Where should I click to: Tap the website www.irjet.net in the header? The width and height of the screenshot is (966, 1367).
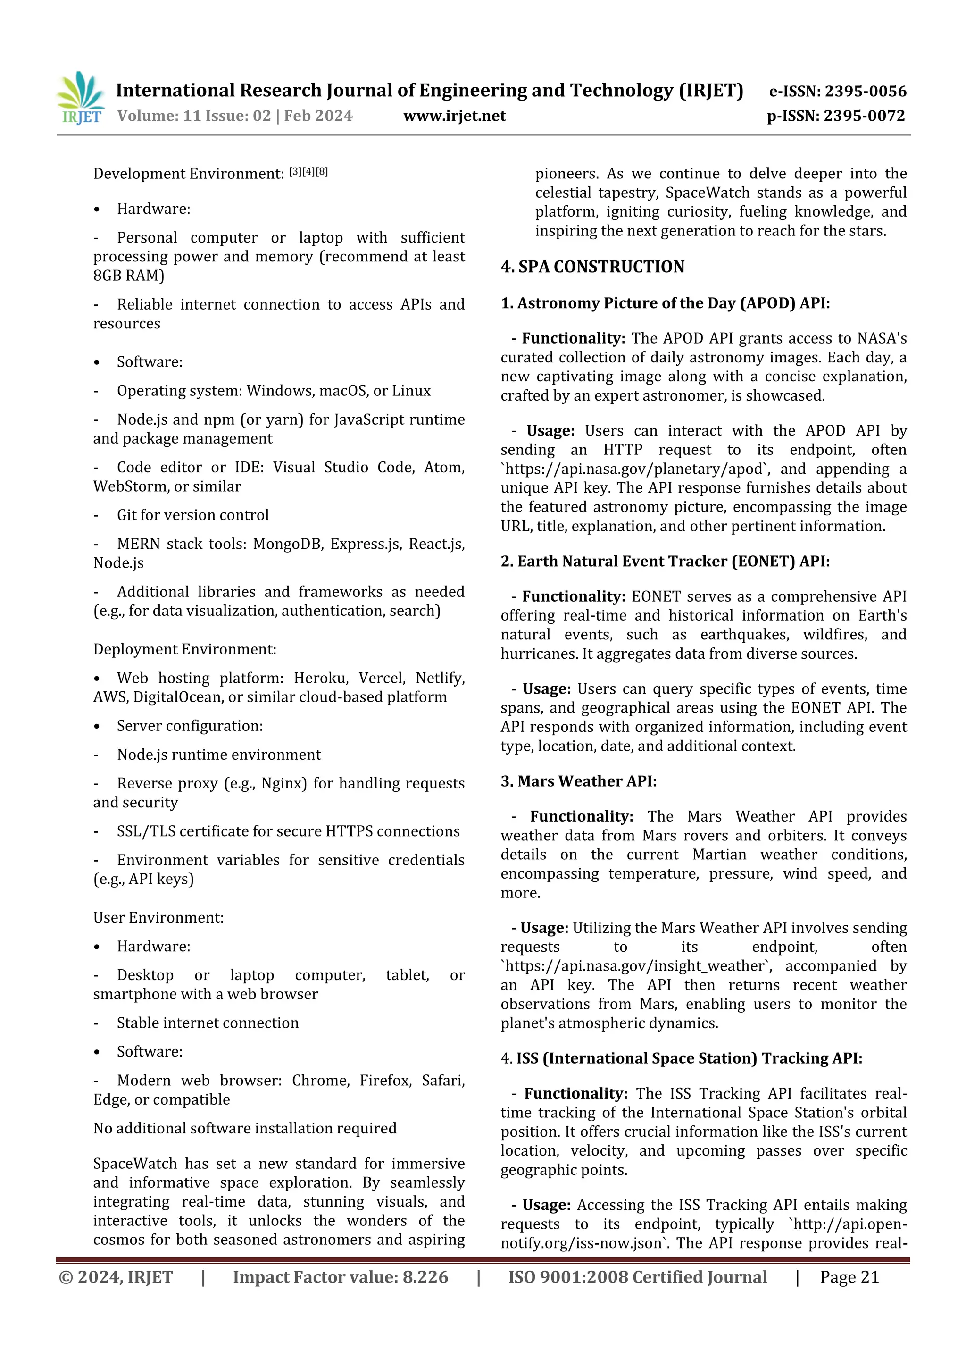click(454, 116)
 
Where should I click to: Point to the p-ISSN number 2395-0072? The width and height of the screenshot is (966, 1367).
click(864, 116)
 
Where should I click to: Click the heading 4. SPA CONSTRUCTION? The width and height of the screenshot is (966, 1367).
click(592, 267)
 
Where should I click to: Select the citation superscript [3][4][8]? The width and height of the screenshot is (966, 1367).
click(308, 172)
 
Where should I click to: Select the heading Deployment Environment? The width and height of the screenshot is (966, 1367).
click(184, 650)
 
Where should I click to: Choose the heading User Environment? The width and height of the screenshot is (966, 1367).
click(158, 917)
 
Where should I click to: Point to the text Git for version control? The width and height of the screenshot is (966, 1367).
click(192, 515)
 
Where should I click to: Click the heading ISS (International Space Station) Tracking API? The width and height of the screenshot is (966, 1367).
click(689, 1058)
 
